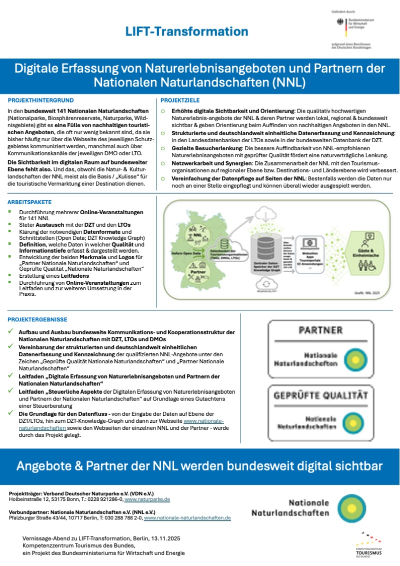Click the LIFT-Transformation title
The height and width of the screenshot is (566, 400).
186,32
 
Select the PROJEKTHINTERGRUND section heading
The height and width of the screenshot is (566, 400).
41,100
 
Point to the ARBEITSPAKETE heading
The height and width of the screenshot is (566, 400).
29,202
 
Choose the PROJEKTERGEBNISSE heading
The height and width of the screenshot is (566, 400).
37,319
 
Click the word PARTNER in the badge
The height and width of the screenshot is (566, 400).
320,330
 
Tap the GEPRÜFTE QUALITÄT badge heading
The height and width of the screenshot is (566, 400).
320,395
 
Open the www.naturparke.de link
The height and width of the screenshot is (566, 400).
147,499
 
